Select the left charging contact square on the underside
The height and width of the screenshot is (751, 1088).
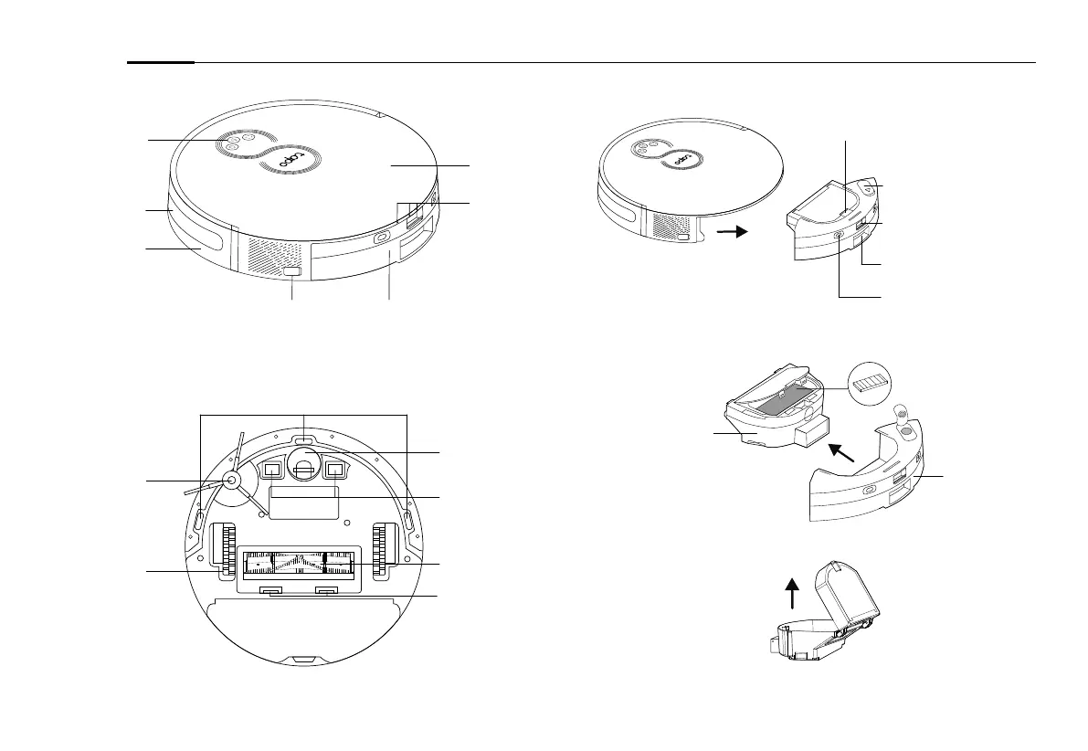pyautogui.click(x=271, y=471)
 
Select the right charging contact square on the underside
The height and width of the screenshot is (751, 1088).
pyautogui.click(x=334, y=471)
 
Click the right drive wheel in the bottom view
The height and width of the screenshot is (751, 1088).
pyautogui.click(x=383, y=552)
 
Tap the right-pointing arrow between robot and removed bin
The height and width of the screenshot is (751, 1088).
pyautogui.click(x=730, y=232)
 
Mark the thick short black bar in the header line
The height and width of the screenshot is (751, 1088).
pyautogui.click(x=161, y=63)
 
